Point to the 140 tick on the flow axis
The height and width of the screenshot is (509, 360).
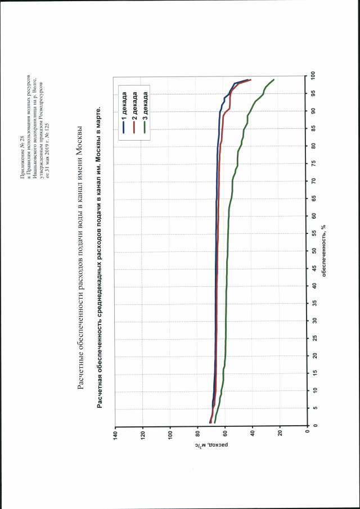(115, 435)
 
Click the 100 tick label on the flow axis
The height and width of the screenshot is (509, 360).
(170, 435)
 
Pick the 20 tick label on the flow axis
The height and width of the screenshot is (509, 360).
(280, 435)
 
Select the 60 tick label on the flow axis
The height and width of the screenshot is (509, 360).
(225, 435)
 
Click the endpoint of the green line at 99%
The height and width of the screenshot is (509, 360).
(273, 80)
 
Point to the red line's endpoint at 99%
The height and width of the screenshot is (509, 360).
(251, 80)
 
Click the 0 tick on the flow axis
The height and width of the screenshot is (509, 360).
(308, 435)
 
